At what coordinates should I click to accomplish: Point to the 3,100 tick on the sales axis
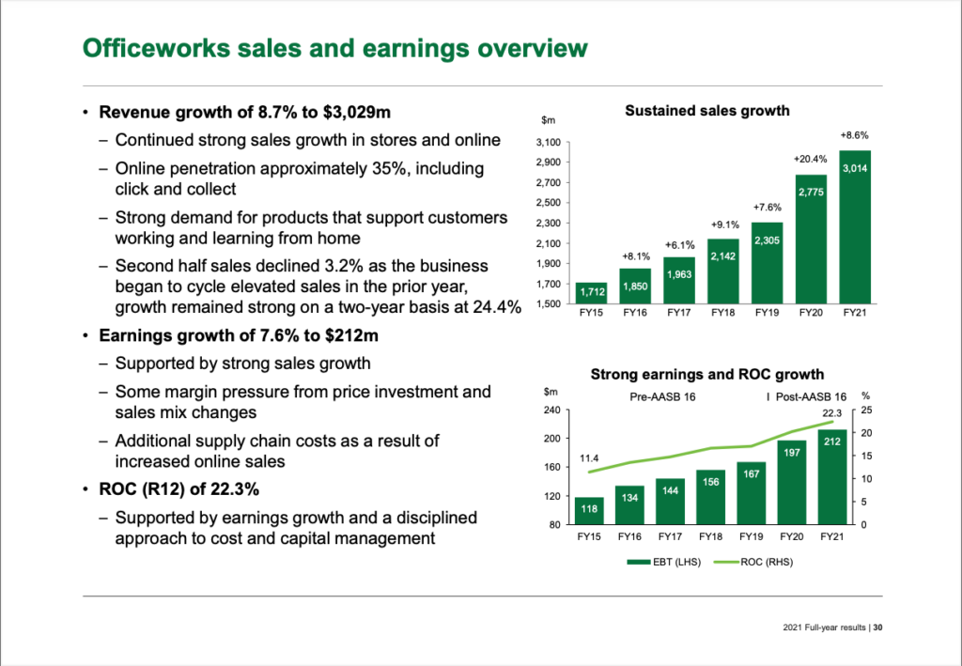point(549,143)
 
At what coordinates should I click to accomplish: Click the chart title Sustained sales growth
point(706,111)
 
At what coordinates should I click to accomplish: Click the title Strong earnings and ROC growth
point(706,375)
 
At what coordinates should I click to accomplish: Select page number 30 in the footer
point(877,628)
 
